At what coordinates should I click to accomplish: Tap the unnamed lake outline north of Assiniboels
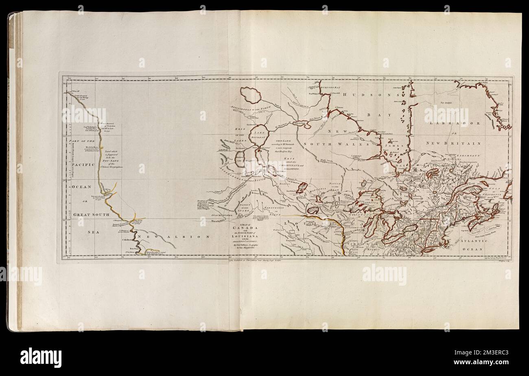(x=250, y=95)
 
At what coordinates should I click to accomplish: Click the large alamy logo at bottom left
(x=41, y=357)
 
